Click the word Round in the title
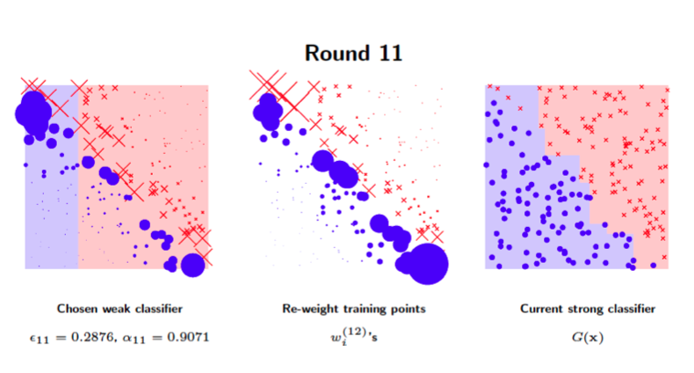tap(337, 53)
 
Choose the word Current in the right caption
tap(539, 309)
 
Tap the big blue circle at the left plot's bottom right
tap(192, 263)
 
